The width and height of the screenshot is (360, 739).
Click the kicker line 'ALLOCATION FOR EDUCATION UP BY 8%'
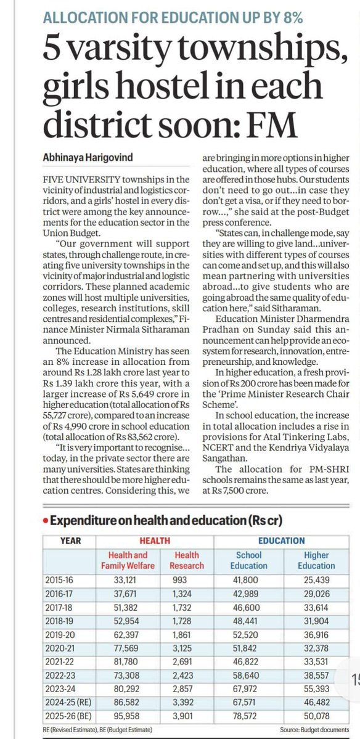tap(173, 18)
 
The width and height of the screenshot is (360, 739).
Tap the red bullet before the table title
tap(46, 520)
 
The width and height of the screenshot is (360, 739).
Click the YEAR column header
tap(71, 540)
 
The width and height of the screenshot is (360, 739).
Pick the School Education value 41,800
tap(248, 580)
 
